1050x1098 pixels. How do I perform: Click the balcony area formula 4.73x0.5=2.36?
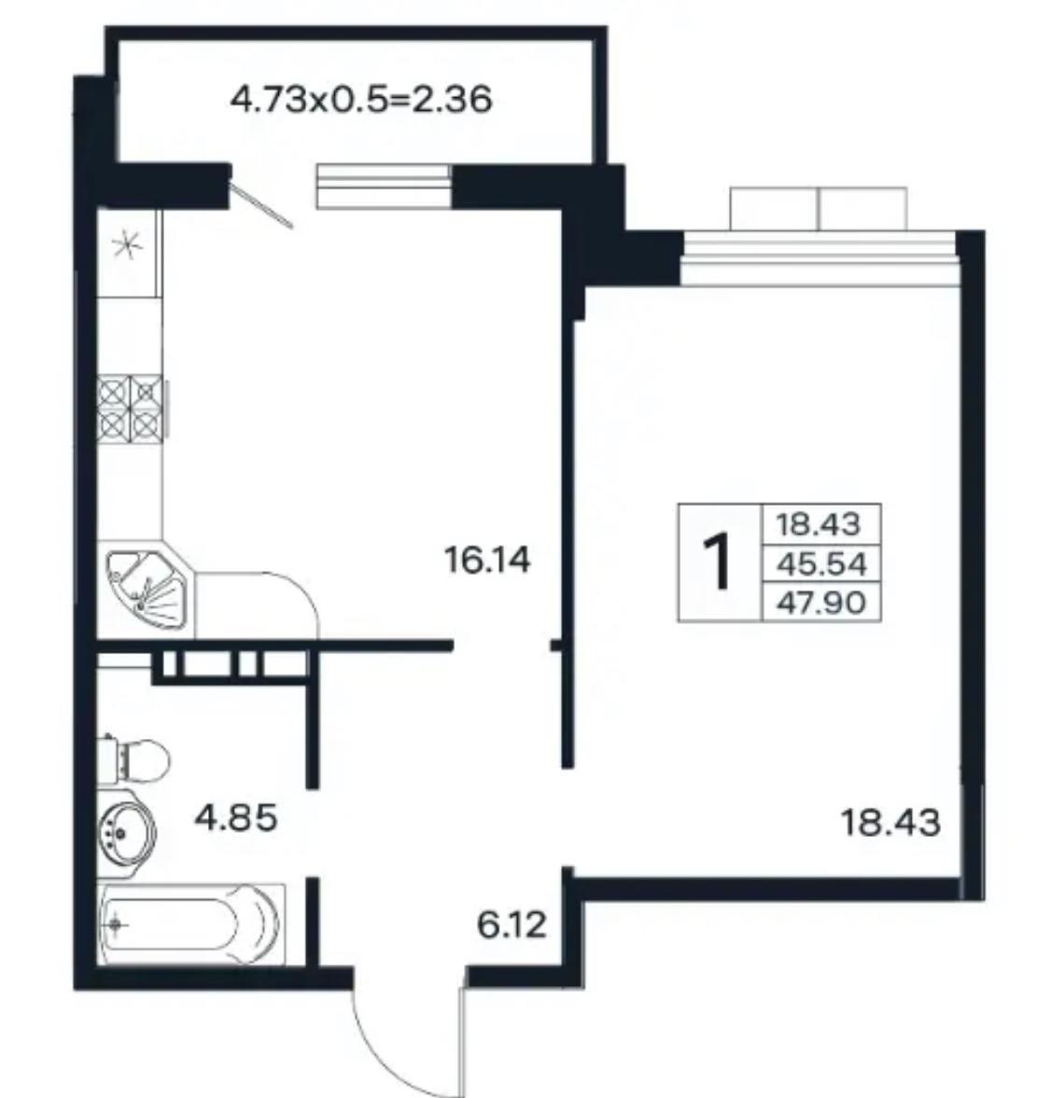[361, 100]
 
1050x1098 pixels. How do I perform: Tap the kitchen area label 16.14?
[487, 561]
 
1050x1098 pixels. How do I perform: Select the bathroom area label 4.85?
[236, 817]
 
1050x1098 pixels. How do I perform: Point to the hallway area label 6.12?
[511, 925]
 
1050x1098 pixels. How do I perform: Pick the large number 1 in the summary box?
[718, 562]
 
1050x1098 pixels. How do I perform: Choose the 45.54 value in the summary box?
[821, 563]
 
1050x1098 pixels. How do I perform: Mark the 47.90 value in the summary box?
[821, 602]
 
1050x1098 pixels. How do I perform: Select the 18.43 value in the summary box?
[819, 523]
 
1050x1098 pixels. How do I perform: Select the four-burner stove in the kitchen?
[132, 409]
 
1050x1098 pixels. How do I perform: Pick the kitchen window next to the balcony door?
[384, 186]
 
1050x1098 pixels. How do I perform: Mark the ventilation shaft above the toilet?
[231, 666]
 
